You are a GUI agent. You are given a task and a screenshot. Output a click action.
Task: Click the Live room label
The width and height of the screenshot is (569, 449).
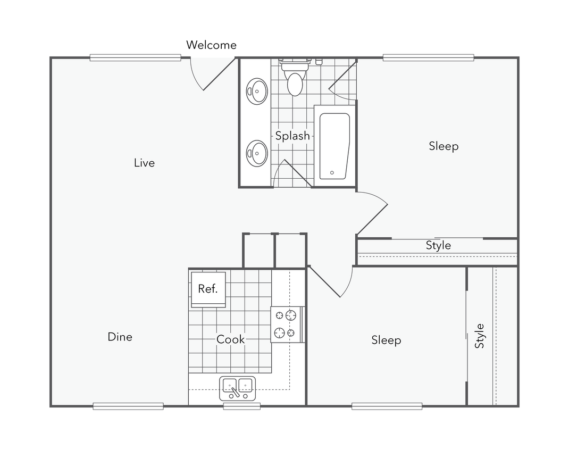coord(144,163)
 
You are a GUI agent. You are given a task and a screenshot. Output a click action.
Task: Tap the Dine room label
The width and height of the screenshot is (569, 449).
coord(120,337)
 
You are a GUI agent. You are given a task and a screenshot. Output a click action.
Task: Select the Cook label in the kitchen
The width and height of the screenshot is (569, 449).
coord(231,339)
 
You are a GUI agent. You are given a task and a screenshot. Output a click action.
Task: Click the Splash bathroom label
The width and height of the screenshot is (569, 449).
coord(292,136)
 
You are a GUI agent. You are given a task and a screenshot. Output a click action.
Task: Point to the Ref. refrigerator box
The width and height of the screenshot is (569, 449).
coord(208,289)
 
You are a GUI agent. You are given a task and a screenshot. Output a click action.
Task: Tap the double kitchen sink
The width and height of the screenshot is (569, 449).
coord(237,388)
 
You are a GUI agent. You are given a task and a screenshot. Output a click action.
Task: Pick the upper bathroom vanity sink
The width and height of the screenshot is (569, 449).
coord(258,91)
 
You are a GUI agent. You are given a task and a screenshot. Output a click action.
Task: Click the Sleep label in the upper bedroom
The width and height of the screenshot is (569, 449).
coord(444,146)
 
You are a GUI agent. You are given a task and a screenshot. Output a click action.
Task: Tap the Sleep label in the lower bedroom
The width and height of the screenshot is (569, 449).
coord(386,340)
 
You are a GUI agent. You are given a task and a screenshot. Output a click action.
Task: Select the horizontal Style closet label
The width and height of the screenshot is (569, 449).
coord(438,245)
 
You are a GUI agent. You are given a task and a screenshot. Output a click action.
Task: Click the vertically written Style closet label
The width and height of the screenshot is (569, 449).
coord(480,336)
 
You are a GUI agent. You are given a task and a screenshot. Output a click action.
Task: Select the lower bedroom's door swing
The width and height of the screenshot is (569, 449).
coord(332,281)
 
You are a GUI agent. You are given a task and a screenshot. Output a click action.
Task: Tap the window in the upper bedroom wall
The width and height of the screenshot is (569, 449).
coord(428,57)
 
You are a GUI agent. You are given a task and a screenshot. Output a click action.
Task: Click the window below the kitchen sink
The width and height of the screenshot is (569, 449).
coord(241,407)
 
